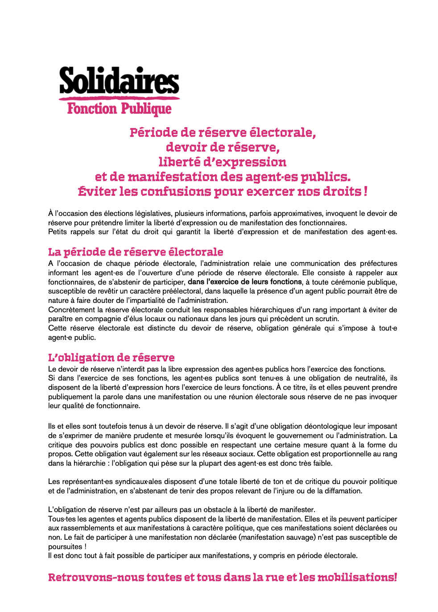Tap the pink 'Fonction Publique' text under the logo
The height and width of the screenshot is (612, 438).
[x=119, y=108]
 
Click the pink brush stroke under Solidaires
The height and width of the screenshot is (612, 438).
[x=119, y=98]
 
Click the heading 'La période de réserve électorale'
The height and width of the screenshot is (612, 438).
[x=136, y=252]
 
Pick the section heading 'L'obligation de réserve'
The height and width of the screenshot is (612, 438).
[x=111, y=358]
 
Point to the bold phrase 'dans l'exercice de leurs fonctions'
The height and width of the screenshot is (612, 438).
[x=245, y=282]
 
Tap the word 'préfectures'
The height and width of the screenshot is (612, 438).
[x=378, y=264]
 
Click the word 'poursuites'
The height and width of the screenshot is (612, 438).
[x=65, y=547]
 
